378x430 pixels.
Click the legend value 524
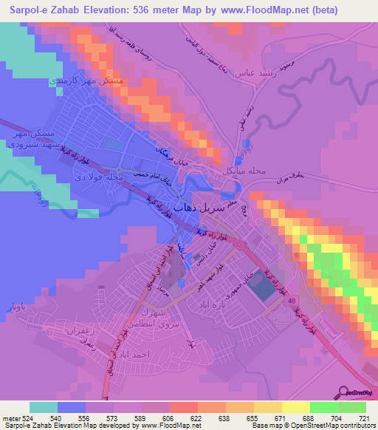click(x=26, y=418)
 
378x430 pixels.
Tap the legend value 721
click(x=364, y=418)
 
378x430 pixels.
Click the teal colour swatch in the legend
click(x=44, y=407)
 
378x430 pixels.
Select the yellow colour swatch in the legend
click(x=297, y=407)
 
